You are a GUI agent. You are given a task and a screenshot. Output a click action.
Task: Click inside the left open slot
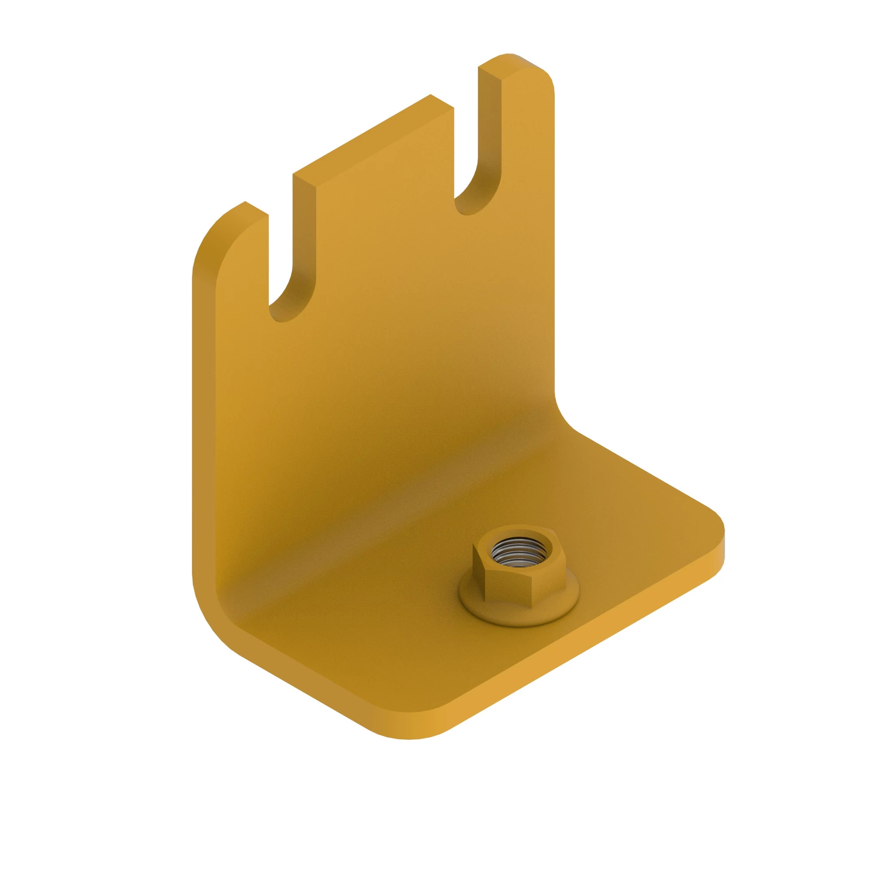pyautogui.click(x=281, y=257)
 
